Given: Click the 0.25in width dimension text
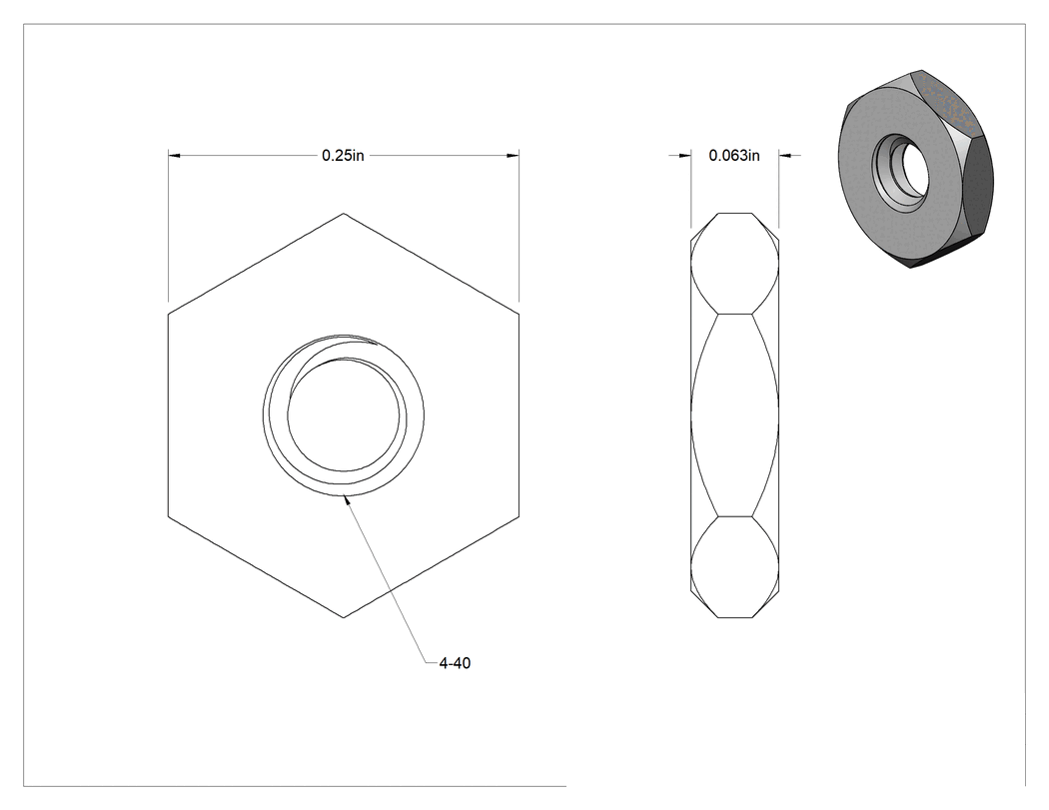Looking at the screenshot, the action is coord(343,156).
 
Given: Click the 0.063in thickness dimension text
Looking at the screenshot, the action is coord(734,156).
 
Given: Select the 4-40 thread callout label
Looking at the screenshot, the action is coord(455,663).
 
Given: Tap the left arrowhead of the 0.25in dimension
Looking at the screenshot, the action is coord(174,156).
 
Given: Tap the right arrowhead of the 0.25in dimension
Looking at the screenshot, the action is coord(513,156).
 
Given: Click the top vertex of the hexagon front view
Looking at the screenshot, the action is coord(344,214).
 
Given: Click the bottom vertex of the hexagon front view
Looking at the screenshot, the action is coord(344,617).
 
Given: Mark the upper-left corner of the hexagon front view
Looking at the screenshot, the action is coord(168,313).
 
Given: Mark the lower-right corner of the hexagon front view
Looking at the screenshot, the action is coord(520,516).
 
